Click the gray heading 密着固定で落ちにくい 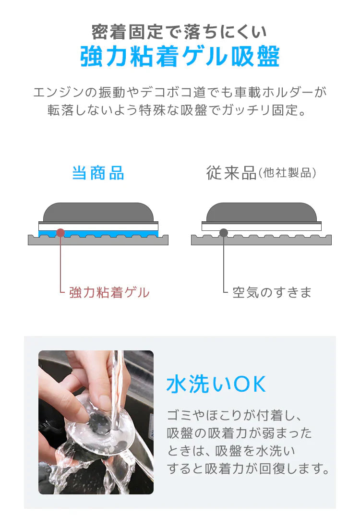[180, 32]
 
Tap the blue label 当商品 [98, 173]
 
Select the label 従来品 [231, 173]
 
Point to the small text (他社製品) [288, 173]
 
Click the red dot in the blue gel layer [60, 233]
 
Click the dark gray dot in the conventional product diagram [224, 233]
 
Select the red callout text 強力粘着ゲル [109, 292]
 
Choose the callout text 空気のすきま [272, 292]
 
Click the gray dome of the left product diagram [98, 212]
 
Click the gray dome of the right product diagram [261, 212]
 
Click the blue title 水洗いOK [216, 385]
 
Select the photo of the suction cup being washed [96, 422]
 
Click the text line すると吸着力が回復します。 [248, 468]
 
